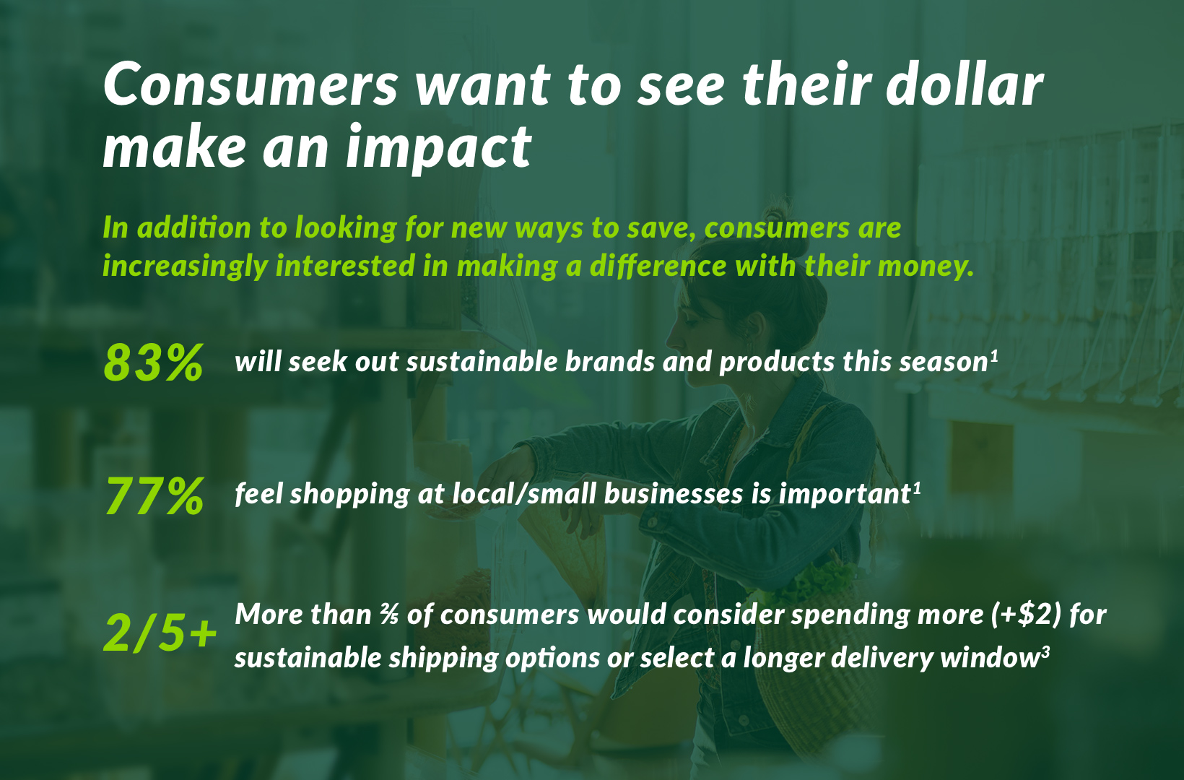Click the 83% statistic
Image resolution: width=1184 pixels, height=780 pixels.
click(153, 363)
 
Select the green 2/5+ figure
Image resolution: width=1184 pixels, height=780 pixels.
click(160, 633)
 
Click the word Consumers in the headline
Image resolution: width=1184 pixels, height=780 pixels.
click(250, 84)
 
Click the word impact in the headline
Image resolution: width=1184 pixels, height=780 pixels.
click(439, 147)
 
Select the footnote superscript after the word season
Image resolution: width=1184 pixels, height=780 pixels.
click(993, 357)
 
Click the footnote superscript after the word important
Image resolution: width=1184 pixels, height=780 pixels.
click(917, 489)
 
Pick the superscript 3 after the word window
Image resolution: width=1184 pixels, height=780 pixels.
click(1045, 653)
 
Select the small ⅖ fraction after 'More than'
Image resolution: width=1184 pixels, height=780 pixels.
click(389, 615)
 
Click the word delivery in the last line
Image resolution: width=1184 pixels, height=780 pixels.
click(878, 659)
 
